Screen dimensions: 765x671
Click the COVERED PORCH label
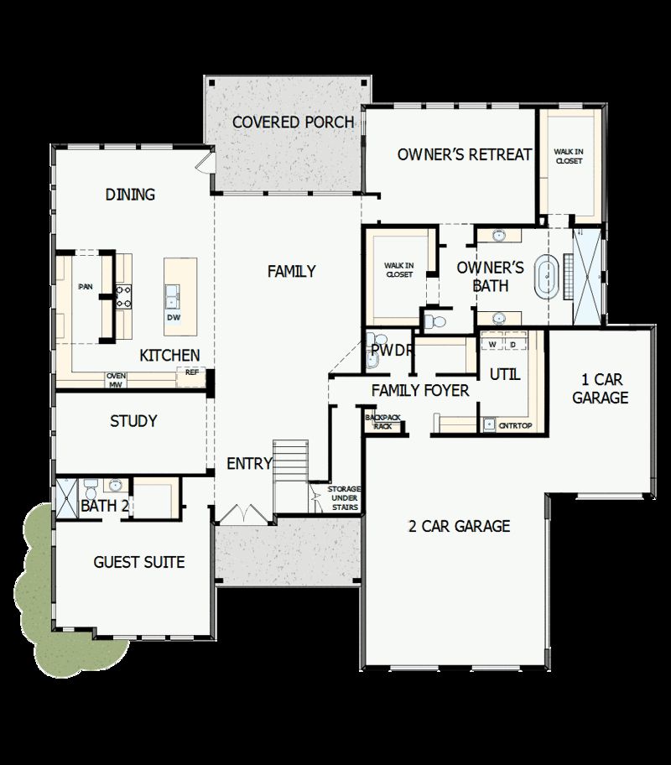click(x=293, y=122)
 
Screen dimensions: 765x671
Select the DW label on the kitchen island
click(x=174, y=318)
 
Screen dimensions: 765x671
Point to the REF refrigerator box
click(x=191, y=372)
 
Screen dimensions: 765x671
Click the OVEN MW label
click(x=116, y=380)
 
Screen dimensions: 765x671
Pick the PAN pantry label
click(x=85, y=287)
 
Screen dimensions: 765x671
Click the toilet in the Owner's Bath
click(x=434, y=321)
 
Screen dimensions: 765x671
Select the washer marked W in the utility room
click(x=493, y=344)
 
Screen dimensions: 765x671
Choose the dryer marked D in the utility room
click(x=512, y=344)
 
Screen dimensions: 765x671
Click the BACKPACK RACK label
click(x=382, y=421)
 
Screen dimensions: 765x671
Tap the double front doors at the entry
click(x=241, y=513)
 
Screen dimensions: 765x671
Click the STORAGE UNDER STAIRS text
click(x=344, y=497)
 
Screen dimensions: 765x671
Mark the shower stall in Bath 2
click(x=66, y=497)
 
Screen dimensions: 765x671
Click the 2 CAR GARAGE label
click(x=459, y=527)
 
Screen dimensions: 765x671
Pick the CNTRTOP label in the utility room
click(x=516, y=426)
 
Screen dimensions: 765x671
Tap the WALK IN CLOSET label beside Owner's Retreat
click(x=568, y=156)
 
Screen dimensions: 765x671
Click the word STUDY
click(x=133, y=421)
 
